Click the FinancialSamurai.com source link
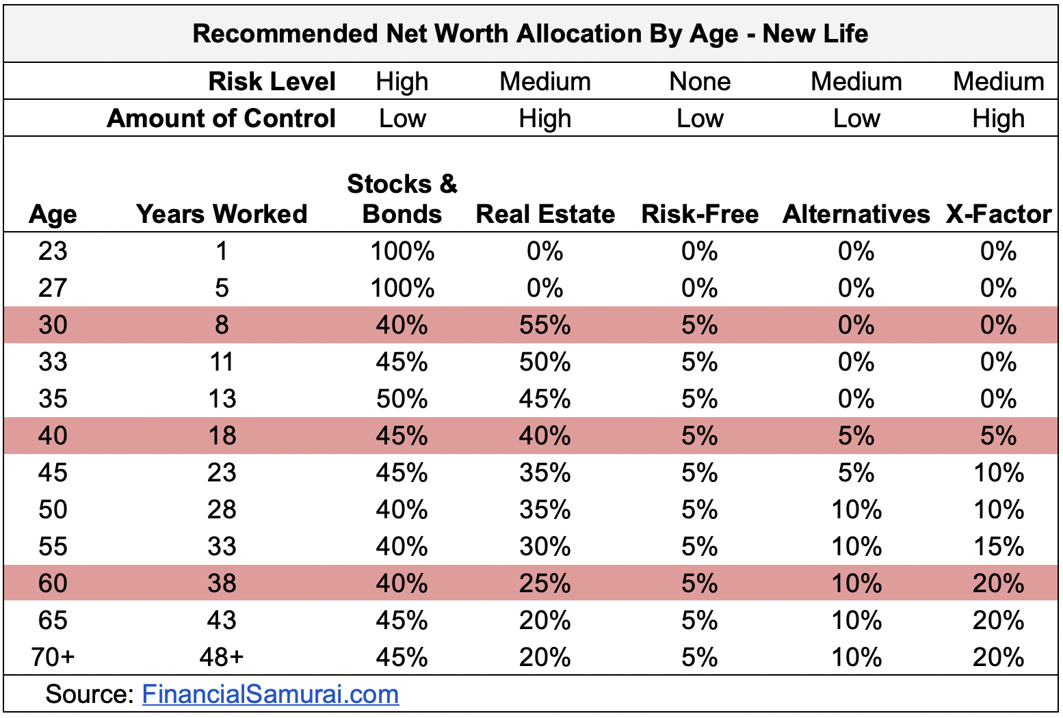point(270,695)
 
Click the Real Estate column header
point(545,214)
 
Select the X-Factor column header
point(998,214)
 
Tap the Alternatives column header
point(856,214)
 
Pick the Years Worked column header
point(222,214)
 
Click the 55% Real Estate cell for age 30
point(545,325)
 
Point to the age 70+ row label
point(53,657)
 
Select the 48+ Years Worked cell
point(222,657)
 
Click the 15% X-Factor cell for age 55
point(998,546)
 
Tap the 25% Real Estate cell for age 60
point(545,583)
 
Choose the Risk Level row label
point(272,81)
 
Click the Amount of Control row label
point(221,118)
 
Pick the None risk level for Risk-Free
point(700,81)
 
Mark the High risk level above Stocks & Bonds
point(402,81)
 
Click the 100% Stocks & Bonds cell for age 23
point(402,251)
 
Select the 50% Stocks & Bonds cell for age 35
point(402,399)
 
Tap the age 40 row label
point(53,436)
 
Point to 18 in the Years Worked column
point(222,436)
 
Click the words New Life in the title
point(815,34)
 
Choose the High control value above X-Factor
point(998,118)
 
